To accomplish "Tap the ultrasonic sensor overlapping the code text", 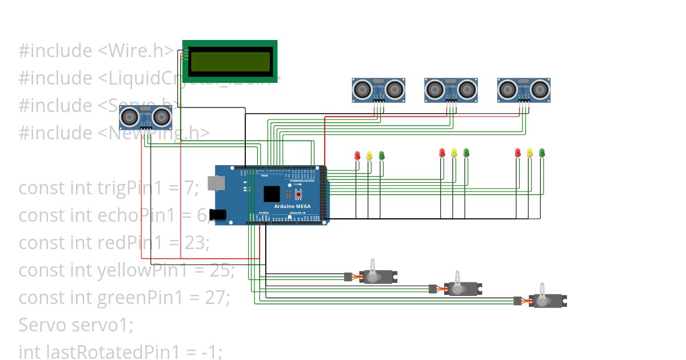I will point(146,117).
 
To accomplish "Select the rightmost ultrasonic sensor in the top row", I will point(524,90).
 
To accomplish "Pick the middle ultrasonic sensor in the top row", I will point(451,90).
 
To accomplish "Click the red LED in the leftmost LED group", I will point(357,155).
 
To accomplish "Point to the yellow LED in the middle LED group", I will point(454,153).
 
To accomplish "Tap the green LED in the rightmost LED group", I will point(542,153).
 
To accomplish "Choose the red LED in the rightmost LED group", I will point(518,153).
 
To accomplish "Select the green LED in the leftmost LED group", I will point(381,155).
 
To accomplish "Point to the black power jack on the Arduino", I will point(218,215).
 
